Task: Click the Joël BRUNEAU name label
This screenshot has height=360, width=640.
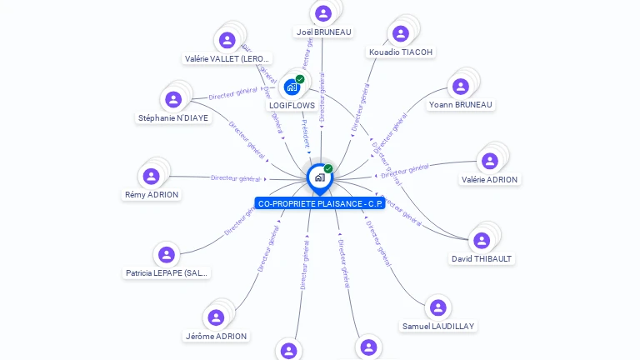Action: pos(323,32)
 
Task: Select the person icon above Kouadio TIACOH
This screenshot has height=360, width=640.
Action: pos(401,33)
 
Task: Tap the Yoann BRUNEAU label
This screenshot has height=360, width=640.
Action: pos(460,105)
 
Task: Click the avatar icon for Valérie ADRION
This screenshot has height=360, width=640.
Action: pos(490,161)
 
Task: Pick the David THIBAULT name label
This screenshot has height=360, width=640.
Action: pos(482,259)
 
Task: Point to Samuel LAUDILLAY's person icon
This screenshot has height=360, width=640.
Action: pos(438,307)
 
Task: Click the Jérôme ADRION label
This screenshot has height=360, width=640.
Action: pos(216,337)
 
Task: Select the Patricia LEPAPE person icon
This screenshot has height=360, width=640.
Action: pos(167,255)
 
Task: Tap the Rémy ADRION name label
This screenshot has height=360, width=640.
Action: pos(152,195)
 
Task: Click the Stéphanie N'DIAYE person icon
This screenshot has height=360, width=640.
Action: pos(173,99)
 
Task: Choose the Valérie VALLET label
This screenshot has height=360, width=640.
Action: pos(227,59)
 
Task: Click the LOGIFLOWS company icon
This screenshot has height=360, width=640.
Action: pos(292,86)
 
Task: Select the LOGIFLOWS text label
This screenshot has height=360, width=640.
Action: pos(292,106)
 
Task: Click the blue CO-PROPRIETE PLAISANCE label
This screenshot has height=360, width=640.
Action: pos(320,203)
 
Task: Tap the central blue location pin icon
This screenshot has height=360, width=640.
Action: pos(319,177)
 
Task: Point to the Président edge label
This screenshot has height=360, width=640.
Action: pos(306,132)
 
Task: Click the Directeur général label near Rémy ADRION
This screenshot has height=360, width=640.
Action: pos(236,177)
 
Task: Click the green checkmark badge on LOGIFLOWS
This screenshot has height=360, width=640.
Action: pos(300,79)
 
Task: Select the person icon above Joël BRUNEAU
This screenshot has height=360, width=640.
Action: pos(323,12)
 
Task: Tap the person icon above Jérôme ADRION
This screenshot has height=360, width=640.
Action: pos(216,317)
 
